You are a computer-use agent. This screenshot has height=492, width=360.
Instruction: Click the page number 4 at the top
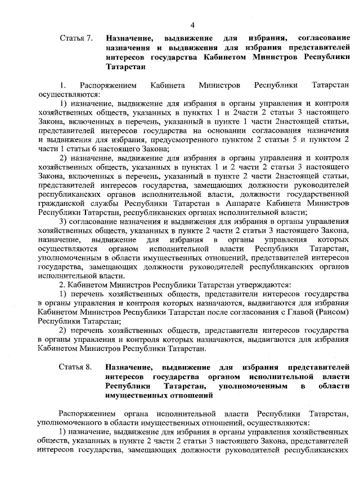click(192, 25)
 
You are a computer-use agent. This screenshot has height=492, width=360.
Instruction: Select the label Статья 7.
click(75, 39)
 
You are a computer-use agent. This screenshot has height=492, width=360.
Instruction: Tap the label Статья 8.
click(75, 367)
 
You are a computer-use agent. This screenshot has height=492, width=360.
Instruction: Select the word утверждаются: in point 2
click(262, 285)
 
